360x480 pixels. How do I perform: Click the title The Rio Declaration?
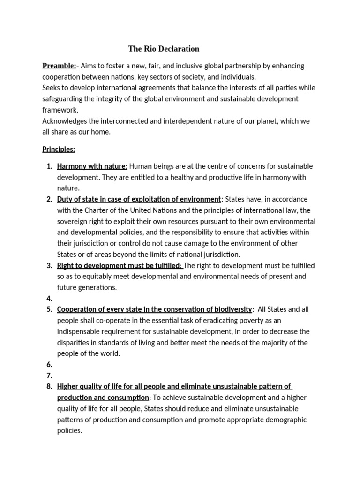[164, 49]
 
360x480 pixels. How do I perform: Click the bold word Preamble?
[59, 66]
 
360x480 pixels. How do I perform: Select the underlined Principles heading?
[59, 149]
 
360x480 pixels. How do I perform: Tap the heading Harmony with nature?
[92, 166]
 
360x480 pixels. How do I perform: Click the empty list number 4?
[49, 298]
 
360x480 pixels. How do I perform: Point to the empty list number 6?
[49, 365]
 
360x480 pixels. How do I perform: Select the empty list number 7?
[49, 375]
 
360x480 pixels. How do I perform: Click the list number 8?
[49, 387]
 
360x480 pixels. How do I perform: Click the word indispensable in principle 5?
[81, 331]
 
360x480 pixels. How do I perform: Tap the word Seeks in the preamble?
[51, 88]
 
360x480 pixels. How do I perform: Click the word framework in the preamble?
[60, 110]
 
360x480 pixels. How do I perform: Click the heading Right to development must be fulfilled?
[119, 265]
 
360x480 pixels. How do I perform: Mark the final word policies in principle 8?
[69, 431]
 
